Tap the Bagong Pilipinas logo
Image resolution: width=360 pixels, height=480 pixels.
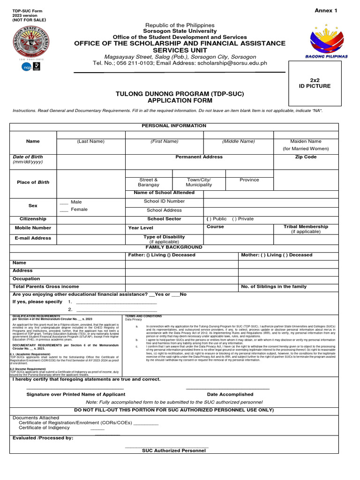[x=326, y=42]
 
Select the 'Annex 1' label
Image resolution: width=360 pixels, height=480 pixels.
[x=326, y=11]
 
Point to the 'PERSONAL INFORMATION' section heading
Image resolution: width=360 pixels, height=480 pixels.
[x=174, y=126]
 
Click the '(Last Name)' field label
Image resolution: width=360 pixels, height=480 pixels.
[x=91, y=141]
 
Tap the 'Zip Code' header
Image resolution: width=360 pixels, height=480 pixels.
[x=306, y=157]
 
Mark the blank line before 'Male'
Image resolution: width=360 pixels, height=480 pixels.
[x=64, y=202]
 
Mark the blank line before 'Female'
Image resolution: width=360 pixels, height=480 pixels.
[x=64, y=210]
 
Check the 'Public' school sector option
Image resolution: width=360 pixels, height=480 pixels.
[x=209, y=219]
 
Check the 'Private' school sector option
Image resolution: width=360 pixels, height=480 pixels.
[x=234, y=219]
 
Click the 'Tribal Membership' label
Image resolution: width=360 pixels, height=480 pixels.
[x=306, y=227]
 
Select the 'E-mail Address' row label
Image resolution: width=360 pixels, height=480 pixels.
[x=33, y=238]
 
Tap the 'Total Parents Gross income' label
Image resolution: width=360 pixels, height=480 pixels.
[x=46, y=286]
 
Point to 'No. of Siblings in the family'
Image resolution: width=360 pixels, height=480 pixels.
[x=274, y=286]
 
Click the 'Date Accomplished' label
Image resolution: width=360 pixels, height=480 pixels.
[x=230, y=394]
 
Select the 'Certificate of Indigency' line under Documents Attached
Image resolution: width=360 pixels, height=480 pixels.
[x=44, y=427]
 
